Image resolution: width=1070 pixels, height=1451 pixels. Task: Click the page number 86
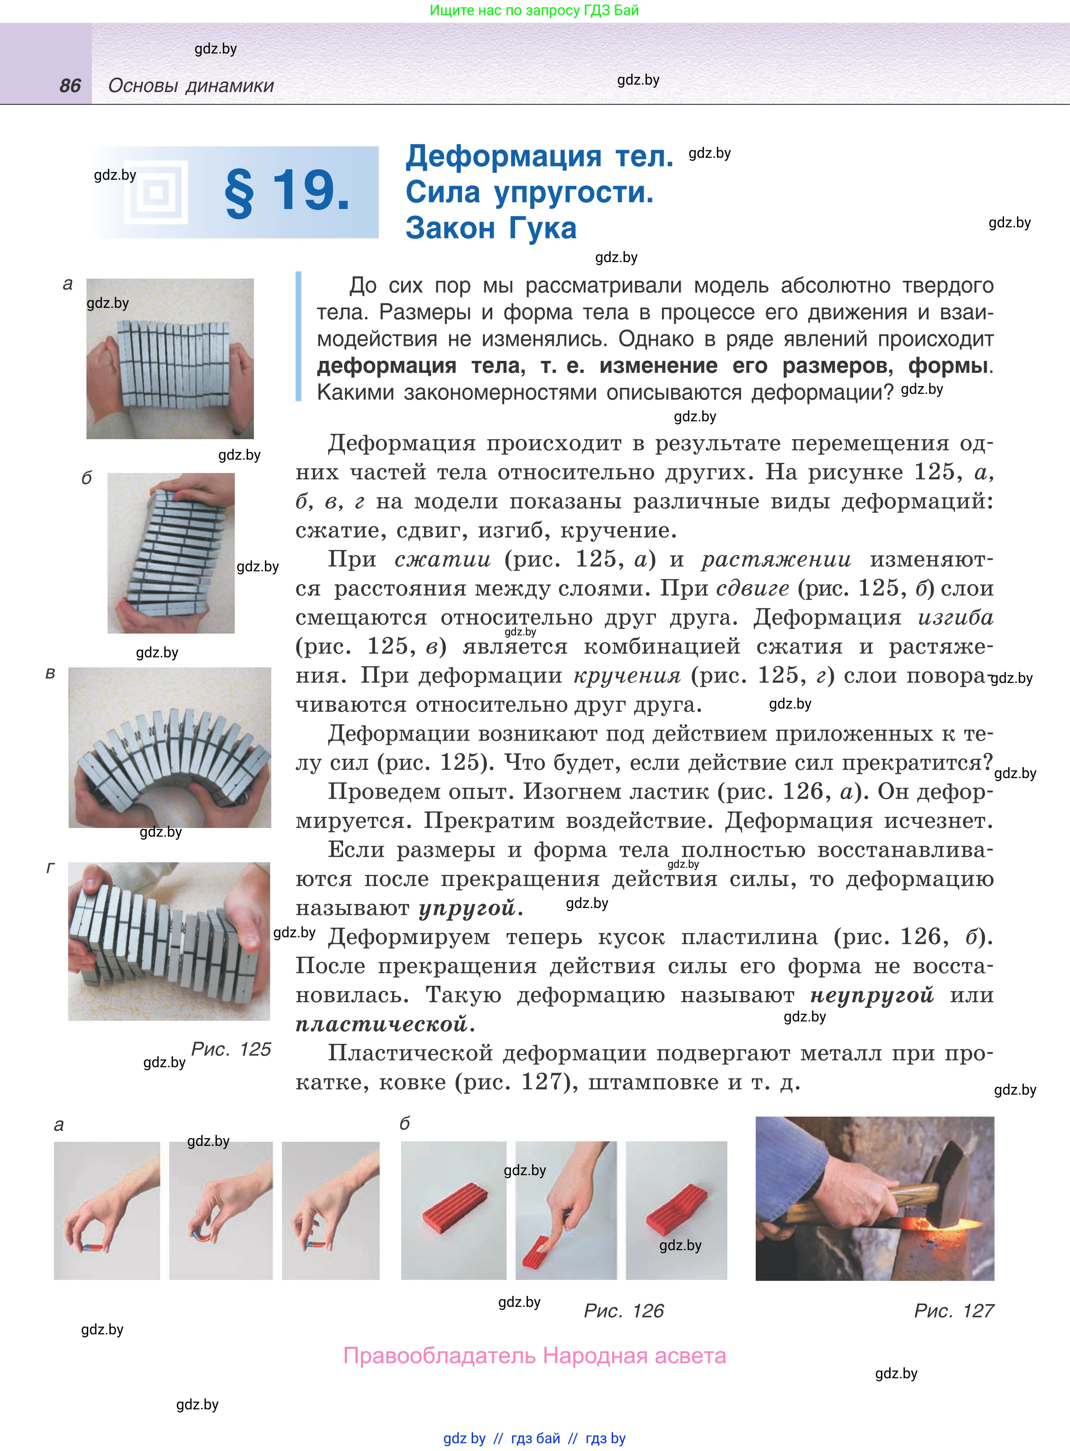point(70,86)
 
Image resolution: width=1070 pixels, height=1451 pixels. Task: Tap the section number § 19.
point(287,192)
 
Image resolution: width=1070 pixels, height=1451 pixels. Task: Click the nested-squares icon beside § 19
point(156,192)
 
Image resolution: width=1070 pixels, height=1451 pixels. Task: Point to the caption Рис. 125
point(231,1049)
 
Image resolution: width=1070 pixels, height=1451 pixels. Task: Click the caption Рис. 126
point(624,1311)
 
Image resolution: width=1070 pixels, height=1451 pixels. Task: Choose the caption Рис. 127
point(953,1311)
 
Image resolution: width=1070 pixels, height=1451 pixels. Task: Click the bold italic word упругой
point(467,908)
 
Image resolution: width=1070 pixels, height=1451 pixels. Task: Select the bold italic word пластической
point(382,1024)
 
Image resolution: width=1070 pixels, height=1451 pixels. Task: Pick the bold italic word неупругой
point(872,995)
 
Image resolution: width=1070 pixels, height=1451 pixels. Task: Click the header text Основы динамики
point(191,86)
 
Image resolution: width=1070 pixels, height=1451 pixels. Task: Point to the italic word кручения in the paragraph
point(627,676)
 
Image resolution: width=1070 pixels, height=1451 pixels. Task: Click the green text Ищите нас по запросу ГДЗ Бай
point(534,11)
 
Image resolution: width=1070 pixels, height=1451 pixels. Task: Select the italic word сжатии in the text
point(442,559)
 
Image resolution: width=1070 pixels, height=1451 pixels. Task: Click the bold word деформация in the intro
point(387,366)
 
